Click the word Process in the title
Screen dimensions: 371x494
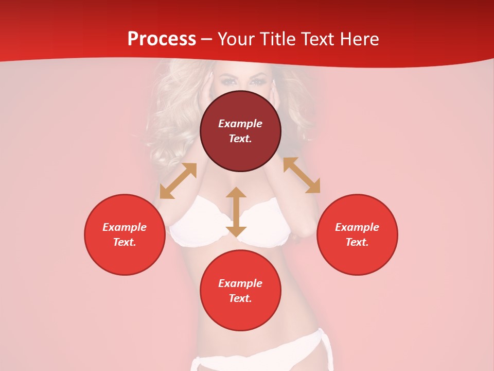point(162,39)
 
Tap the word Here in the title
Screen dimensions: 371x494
point(359,39)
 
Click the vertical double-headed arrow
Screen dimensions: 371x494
point(236,212)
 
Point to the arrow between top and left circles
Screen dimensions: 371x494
point(178,181)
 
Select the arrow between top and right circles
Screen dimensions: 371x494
point(302,175)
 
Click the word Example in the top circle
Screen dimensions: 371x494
point(240,124)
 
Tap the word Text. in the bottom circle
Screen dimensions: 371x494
point(240,298)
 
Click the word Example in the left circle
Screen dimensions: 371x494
point(125,227)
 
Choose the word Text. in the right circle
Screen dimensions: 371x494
point(357,242)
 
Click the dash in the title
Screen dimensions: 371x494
point(207,39)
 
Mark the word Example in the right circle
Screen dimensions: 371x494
point(357,227)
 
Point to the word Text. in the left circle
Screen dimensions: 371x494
point(125,242)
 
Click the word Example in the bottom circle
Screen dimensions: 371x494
point(240,283)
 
